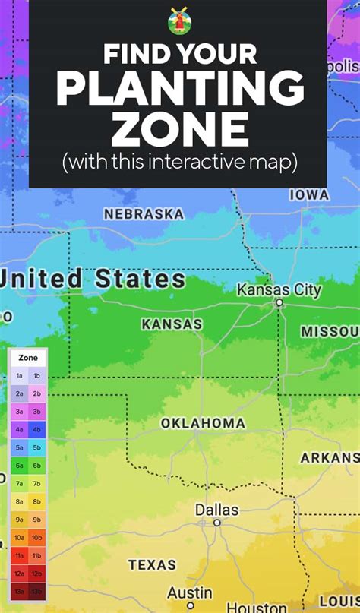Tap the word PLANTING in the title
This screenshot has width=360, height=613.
(x=180, y=90)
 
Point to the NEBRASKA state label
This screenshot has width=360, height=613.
(x=144, y=214)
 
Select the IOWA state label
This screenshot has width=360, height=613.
(x=309, y=194)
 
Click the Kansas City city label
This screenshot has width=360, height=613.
(x=279, y=290)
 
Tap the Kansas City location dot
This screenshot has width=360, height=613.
(x=279, y=303)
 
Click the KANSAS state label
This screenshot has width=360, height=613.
(x=172, y=324)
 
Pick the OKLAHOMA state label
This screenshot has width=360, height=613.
(x=203, y=423)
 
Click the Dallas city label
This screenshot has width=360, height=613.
(x=216, y=510)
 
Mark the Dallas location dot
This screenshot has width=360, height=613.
(x=217, y=523)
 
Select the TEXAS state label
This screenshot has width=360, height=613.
(x=152, y=564)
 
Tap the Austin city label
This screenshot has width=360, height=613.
(x=189, y=592)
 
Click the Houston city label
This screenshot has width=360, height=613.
(x=257, y=608)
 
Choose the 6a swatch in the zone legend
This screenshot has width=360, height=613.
(x=19, y=465)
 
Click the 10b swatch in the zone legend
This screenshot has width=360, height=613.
(x=36, y=537)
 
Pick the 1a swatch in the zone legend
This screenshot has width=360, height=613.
(x=19, y=375)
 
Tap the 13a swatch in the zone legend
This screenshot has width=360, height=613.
(x=19, y=590)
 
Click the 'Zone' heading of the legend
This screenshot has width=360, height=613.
(x=28, y=358)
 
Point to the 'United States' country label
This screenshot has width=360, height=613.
(x=93, y=278)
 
